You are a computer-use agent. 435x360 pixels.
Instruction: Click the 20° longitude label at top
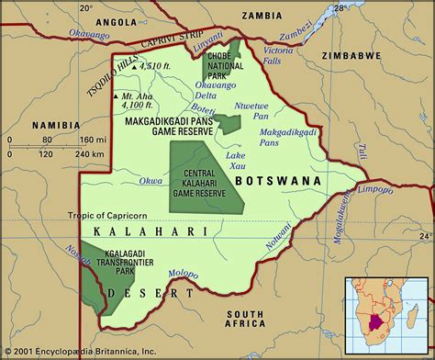(86, 8)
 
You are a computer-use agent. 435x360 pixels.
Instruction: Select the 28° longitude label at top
(338, 8)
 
